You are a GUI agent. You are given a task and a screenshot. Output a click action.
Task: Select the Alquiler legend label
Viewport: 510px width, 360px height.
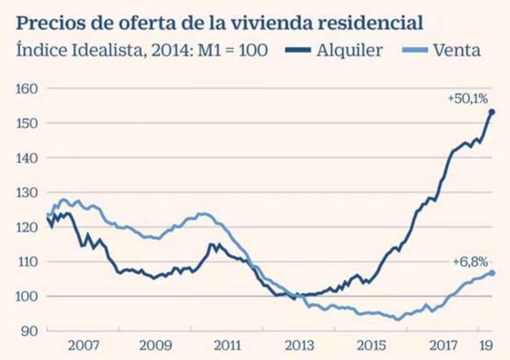pyautogui.click(x=349, y=50)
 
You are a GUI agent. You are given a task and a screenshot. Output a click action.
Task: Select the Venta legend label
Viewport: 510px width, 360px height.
pyautogui.click(x=457, y=50)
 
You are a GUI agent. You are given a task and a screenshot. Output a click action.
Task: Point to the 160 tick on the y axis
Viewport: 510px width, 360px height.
pyautogui.click(x=28, y=88)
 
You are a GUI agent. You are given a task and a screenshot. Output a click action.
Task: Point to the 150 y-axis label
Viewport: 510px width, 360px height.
pyautogui.click(x=28, y=123)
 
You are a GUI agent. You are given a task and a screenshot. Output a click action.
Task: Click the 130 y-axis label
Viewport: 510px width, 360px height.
pyautogui.click(x=28, y=192)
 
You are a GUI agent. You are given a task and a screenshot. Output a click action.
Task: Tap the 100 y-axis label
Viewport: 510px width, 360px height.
pyautogui.click(x=28, y=296)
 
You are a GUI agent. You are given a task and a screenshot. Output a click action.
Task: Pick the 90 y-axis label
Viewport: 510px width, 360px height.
pyautogui.click(x=30, y=331)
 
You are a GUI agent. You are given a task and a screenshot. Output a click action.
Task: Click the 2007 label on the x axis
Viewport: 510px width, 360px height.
pyautogui.click(x=84, y=346)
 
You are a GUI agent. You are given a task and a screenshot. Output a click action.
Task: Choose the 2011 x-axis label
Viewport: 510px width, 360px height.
pyautogui.click(x=227, y=346)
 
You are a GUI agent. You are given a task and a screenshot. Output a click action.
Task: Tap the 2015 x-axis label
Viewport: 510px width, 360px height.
pyautogui.click(x=371, y=346)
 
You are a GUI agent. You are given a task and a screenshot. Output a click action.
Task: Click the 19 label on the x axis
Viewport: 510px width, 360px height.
pyautogui.click(x=485, y=346)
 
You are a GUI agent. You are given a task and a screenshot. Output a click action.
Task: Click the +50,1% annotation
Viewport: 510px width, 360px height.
pyautogui.click(x=468, y=99)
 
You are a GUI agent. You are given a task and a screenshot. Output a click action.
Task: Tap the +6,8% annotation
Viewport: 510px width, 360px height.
pyautogui.click(x=470, y=261)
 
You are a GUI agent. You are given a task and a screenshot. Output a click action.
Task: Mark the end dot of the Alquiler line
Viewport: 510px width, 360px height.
pyautogui.click(x=492, y=112)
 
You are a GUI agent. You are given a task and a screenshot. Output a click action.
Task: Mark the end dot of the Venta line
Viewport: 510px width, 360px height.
pyautogui.click(x=492, y=273)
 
